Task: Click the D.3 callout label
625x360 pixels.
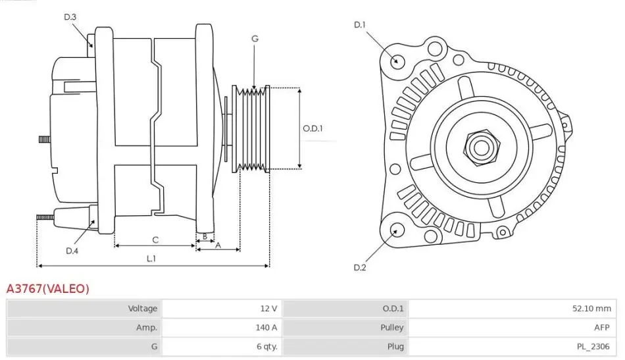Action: coord(70,17)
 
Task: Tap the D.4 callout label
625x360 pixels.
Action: coord(72,251)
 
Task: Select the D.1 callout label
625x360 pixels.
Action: coord(360,25)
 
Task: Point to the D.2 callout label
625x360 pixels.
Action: coord(360,267)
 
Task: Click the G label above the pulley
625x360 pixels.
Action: coord(255,39)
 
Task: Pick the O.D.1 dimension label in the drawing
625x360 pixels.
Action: coord(312,128)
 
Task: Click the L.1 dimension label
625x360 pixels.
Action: coord(151,258)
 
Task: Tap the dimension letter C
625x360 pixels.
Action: coord(155,240)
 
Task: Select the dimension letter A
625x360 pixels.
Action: coord(218,245)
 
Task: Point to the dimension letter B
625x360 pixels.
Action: coord(205,236)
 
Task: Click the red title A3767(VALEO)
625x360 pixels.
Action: coord(47,288)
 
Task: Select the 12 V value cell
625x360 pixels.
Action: coord(268,308)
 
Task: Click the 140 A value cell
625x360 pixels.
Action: coord(266,327)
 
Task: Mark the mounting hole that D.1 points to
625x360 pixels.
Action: coord(396,61)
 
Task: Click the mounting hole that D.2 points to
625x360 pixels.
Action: coord(397,230)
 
